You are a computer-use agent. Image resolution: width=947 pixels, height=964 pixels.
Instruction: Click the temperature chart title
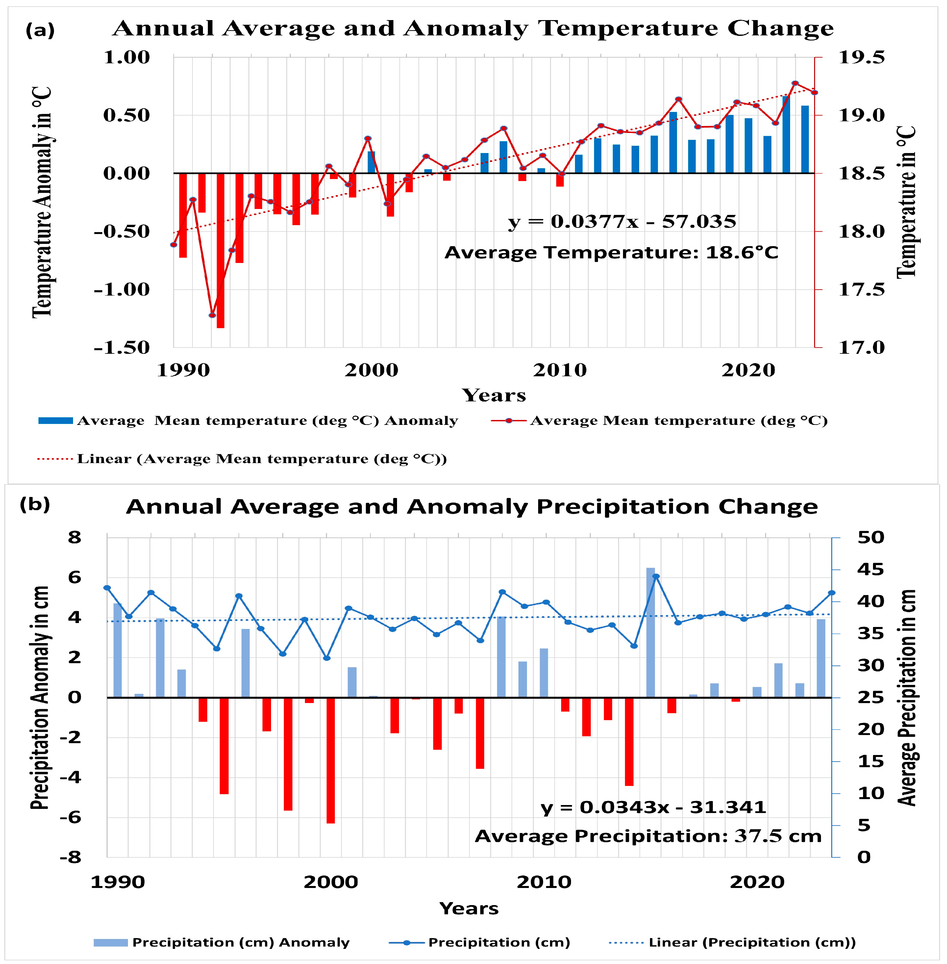point(472,28)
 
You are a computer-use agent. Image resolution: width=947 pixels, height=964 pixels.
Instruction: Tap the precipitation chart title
point(471,507)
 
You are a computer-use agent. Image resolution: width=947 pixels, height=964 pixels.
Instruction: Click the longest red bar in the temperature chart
point(220,250)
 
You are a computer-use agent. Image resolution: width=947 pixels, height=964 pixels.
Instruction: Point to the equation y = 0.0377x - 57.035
point(622,221)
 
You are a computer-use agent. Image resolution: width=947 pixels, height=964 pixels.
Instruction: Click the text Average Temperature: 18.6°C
point(611,252)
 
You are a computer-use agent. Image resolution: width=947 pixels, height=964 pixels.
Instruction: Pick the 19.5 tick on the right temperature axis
point(861,57)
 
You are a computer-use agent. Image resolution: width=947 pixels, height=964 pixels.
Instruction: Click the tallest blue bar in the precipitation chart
point(650,632)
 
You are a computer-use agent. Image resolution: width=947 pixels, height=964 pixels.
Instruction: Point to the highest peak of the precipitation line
point(656,576)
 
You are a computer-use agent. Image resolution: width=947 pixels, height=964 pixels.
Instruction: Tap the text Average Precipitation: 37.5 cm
point(648,836)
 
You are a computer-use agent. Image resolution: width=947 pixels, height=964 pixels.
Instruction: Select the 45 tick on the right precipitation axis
point(870,569)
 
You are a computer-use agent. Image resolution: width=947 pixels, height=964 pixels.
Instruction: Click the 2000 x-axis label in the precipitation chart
point(331,881)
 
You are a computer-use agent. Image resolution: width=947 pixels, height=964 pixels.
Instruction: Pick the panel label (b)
point(35,504)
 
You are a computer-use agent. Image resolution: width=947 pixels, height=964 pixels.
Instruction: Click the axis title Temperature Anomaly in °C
point(42,201)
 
